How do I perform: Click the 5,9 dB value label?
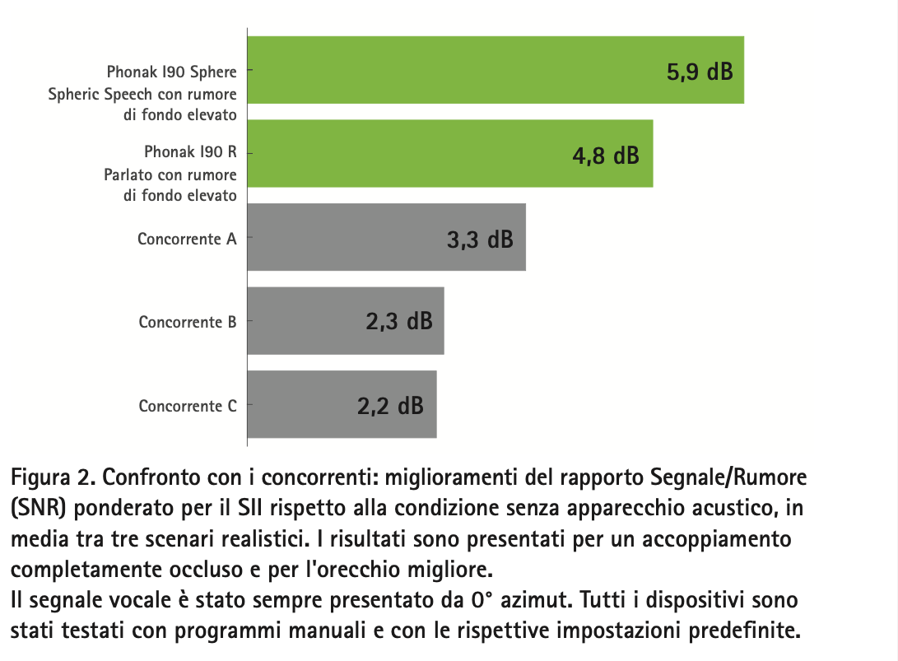699,72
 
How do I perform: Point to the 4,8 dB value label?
606,155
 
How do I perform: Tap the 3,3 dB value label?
480,240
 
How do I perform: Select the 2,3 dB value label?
399,321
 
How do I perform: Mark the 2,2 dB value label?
391,406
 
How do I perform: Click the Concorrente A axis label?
187,239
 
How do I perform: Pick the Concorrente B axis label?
188,322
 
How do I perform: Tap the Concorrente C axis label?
188,406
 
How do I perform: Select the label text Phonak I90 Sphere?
171,72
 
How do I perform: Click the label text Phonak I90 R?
190,152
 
